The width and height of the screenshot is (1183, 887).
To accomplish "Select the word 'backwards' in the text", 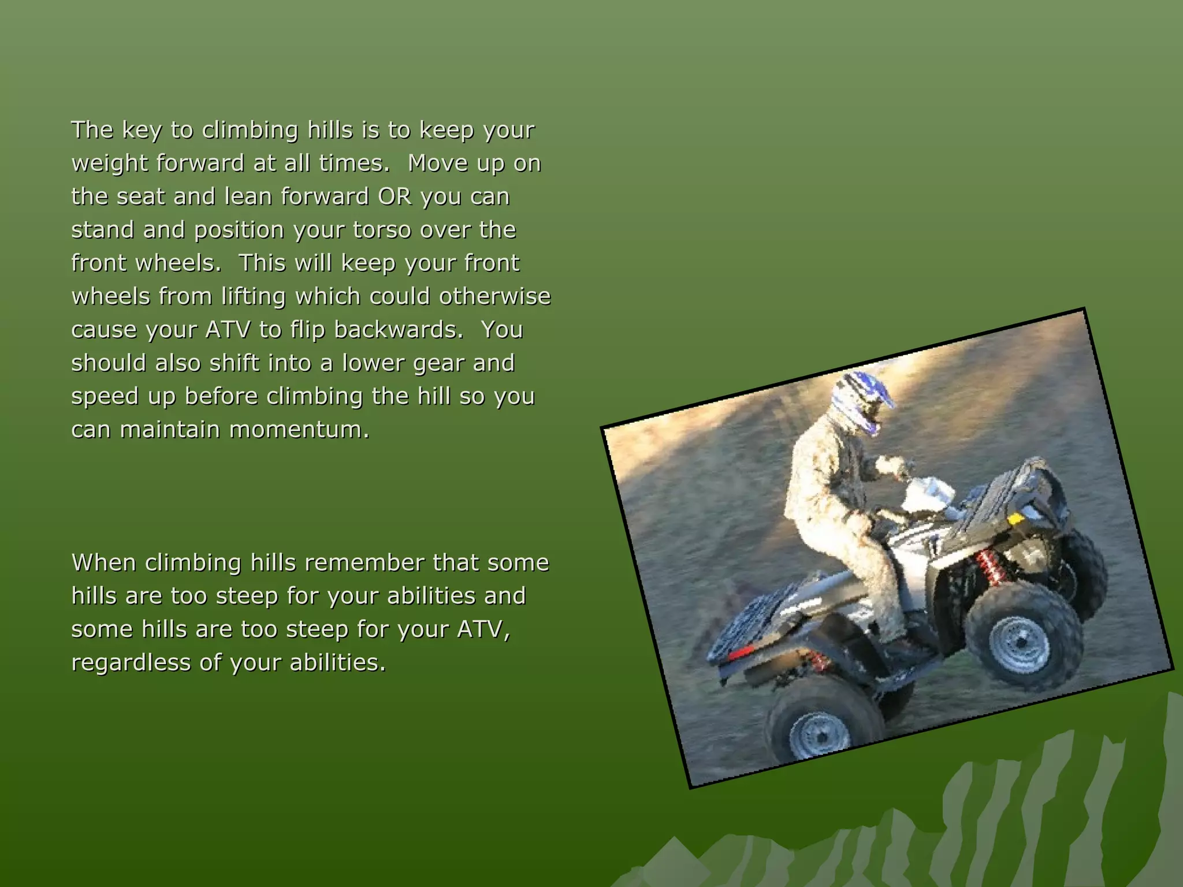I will coord(398,330).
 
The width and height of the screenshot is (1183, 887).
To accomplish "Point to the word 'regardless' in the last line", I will coord(131,662).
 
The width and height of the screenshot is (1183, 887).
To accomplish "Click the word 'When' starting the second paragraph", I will coord(104,562).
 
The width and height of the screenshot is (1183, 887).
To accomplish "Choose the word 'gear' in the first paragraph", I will coord(441,363).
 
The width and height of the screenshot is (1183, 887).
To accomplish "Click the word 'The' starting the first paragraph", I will coord(92,130).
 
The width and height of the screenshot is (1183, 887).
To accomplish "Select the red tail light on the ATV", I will coord(742,653).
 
